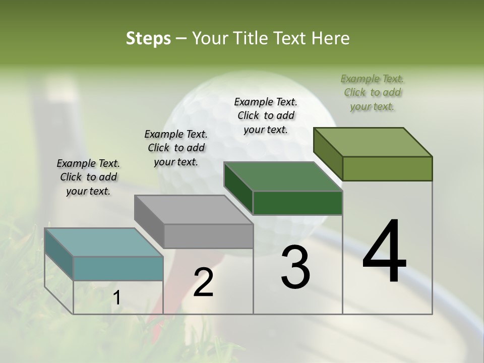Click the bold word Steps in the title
click(148, 38)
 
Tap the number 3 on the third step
click(295, 267)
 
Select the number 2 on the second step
click(204, 282)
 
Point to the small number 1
click(116, 298)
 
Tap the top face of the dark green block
click(282, 176)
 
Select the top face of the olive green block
click(372, 142)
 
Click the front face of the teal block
click(118, 268)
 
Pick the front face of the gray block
click(208, 236)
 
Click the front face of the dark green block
click(297, 203)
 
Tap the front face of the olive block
click(387, 168)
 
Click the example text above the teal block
click(88, 177)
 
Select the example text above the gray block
click(176, 148)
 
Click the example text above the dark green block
click(266, 115)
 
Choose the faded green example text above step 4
click(373, 92)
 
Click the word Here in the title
click(331, 38)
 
